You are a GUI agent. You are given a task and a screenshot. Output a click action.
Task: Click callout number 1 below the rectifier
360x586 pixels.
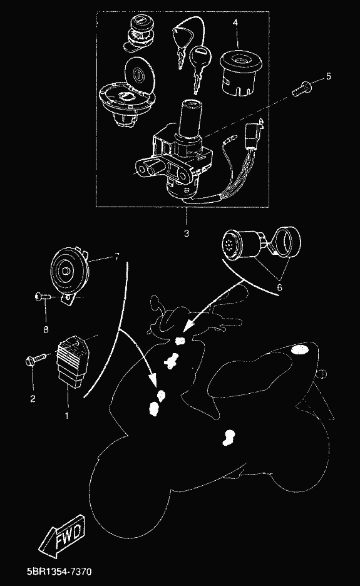click(x=67, y=415)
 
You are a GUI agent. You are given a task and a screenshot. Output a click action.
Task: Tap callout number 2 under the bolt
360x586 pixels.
click(x=33, y=399)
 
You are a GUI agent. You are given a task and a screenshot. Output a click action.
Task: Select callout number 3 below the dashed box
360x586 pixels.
click(x=186, y=234)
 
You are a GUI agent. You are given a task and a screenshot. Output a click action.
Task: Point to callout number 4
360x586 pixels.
click(x=235, y=23)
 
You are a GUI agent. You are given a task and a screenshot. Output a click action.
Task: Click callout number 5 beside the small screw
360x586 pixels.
click(x=329, y=76)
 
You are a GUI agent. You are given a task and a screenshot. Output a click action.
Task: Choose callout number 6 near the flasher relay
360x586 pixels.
click(x=280, y=287)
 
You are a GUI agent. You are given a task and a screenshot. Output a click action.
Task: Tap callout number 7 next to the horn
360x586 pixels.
click(x=116, y=257)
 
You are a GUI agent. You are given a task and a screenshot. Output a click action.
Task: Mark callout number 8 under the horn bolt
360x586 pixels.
click(x=46, y=329)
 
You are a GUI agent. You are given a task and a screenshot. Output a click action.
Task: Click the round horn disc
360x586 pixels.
click(x=70, y=269)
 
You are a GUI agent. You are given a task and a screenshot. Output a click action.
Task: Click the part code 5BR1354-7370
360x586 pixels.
click(x=59, y=572)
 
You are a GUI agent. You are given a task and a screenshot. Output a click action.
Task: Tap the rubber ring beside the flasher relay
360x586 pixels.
click(x=288, y=240)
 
